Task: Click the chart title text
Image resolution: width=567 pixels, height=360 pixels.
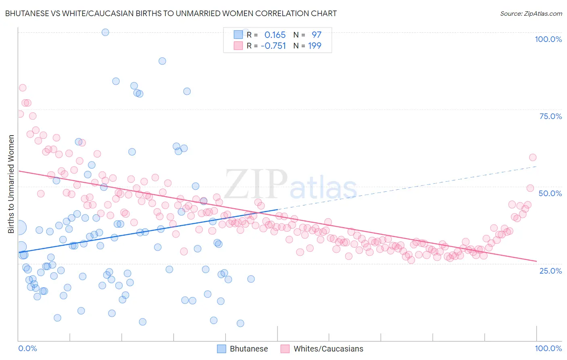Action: [171, 13]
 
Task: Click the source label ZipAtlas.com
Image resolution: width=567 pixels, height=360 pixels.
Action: [531, 13]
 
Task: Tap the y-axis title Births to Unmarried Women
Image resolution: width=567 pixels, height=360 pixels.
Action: [11, 184]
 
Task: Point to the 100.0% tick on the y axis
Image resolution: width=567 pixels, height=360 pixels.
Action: [548, 39]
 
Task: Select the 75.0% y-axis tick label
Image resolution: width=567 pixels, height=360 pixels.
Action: [550, 116]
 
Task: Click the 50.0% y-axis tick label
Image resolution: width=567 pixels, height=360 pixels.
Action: [550, 193]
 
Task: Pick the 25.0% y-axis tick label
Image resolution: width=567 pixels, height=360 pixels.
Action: [550, 270]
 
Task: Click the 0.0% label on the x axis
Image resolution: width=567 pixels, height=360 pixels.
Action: [27, 348]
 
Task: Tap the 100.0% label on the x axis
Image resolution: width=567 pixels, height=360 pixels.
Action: [548, 348]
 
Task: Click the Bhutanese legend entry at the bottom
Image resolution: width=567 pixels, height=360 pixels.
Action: [242, 349]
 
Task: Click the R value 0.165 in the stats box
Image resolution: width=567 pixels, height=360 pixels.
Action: [275, 35]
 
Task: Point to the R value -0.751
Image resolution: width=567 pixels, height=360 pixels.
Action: [273, 46]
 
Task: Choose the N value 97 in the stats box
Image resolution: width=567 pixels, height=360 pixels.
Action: [316, 35]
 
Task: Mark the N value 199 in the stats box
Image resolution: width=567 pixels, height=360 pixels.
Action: [315, 46]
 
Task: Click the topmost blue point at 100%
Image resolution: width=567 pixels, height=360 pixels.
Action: [105, 32]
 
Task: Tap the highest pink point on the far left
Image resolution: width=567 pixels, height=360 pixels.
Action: [23, 88]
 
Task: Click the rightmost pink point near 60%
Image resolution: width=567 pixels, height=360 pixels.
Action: [532, 157]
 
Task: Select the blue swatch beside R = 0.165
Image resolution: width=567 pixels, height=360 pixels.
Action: [238, 35]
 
